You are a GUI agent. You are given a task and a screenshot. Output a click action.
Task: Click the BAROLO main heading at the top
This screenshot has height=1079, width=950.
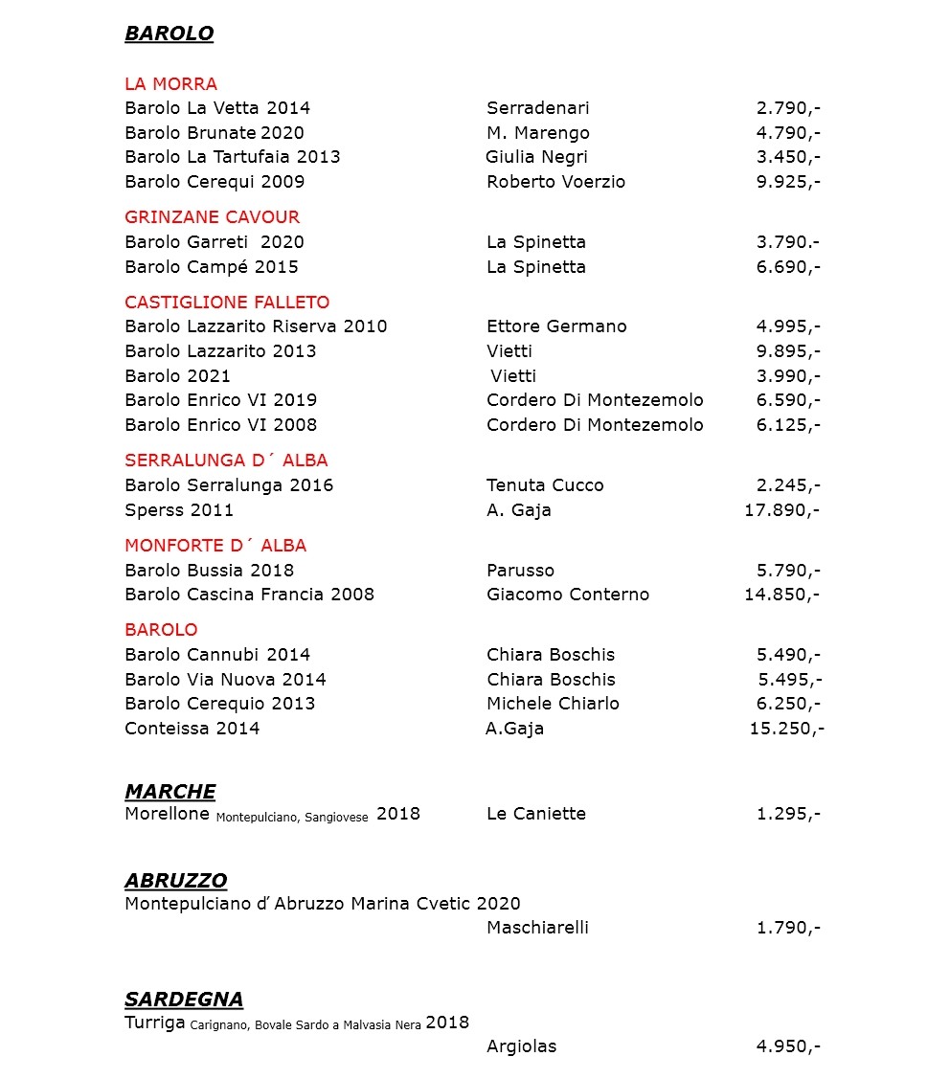tap(169, 34)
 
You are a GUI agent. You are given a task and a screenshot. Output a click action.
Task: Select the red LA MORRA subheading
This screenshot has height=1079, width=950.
tap(170, 84)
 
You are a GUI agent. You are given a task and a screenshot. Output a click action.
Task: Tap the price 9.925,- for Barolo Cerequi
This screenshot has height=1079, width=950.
tap(787, 182)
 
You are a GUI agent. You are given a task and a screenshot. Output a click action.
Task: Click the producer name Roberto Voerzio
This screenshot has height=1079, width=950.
tap(555, 182)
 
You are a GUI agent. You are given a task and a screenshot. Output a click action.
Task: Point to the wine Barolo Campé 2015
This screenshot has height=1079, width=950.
tap(212, 267)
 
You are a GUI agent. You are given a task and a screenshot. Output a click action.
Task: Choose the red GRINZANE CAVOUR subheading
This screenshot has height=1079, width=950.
tap(212, 217)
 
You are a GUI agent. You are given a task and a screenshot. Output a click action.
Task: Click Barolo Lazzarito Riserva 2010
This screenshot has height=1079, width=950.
tap(256, 326)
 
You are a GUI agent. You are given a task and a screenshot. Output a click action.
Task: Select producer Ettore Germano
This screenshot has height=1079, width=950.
tap(556, 326)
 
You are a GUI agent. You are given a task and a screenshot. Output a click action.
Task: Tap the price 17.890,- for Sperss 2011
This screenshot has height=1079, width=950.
tap(781, 510)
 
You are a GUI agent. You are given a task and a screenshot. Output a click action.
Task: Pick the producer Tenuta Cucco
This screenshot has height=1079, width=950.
tap(545, 485)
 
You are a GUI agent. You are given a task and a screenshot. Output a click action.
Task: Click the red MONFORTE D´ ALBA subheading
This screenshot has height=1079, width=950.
tap(215, 546)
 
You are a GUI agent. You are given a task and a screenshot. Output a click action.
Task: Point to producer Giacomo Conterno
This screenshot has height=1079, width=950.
tap(568, 595)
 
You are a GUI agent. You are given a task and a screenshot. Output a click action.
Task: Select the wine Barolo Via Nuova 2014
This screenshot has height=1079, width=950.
tap(225, 680)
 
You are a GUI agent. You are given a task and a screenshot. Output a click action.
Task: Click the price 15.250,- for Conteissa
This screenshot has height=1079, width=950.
tap(786, 729)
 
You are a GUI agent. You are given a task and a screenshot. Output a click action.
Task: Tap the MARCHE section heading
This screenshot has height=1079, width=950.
tap(170, 792)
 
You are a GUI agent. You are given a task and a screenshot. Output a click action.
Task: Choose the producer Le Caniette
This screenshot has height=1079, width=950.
tap(535, 814)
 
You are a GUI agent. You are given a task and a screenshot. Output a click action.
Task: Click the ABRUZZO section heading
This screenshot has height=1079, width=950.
tap(175, 881)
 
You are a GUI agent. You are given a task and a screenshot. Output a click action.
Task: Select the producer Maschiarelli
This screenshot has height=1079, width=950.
tap(537, 928)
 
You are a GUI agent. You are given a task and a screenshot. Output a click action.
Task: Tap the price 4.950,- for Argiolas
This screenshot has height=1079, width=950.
tap(787, 1046)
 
